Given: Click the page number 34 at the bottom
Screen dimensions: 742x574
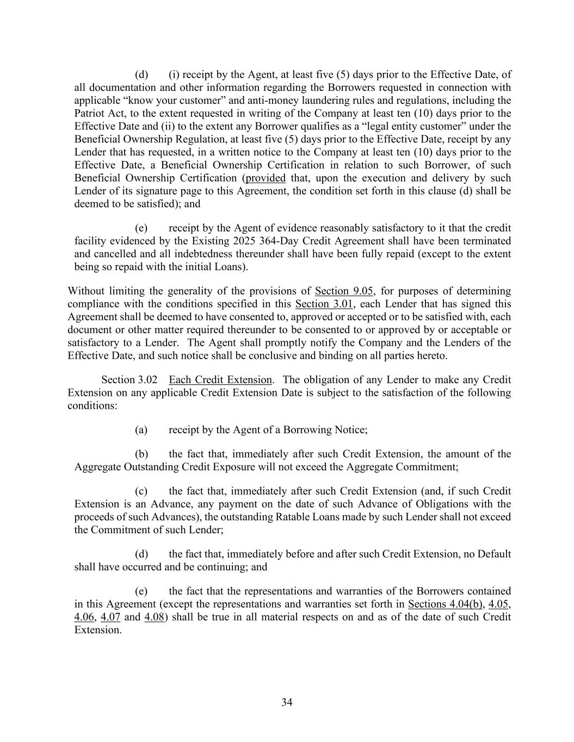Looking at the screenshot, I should (x=287, y=702).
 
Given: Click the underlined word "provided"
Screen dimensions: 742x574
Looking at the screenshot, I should (x=266, y=178).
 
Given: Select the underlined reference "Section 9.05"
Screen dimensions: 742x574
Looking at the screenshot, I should (x=344, y=291).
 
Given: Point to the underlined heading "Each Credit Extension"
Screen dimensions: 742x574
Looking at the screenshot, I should (x=220, y=380).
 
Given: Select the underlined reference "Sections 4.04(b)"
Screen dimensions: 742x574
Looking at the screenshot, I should (x=446, y=604).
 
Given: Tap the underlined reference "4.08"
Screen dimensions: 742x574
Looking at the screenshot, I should (x=154, y=617).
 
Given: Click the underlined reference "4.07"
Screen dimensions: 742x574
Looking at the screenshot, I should (x=110, y=617).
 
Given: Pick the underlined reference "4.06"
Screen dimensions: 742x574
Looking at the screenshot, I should (x=84, y=617).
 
